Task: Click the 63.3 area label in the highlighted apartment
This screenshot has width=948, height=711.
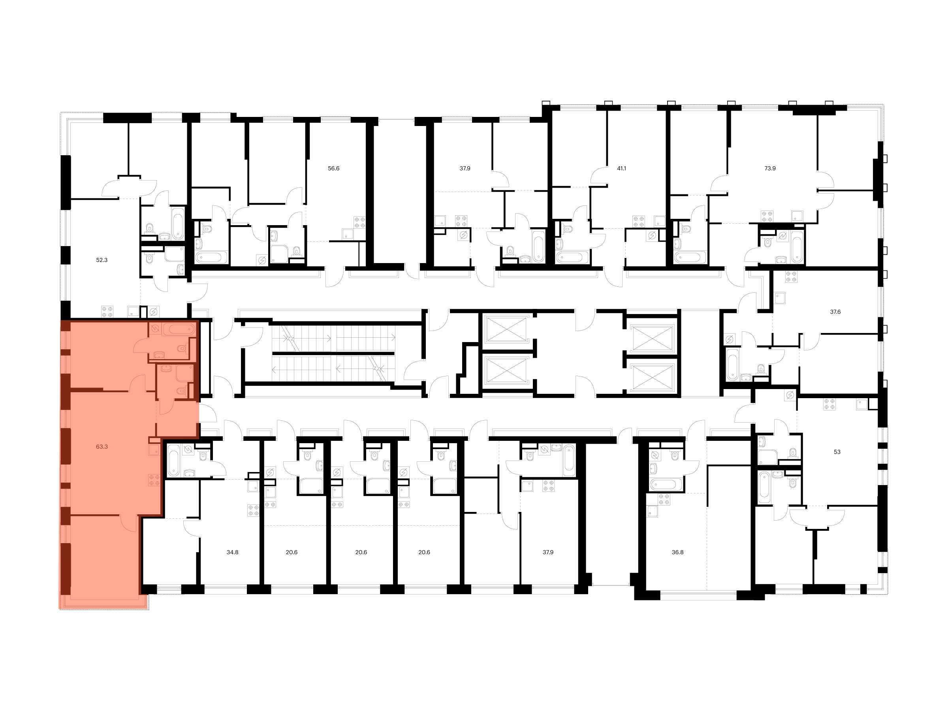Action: pyautogui.click(x=102, y=447)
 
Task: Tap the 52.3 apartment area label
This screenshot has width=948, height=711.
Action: pyautogui.click(x=102, y=260)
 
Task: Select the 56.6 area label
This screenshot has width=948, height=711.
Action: pyautogui.click(x=333, y=168)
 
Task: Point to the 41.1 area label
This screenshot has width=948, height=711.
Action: pyautogui.click(x=621, y=168)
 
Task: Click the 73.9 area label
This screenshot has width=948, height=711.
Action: pyautogui.click(x=770, y=168)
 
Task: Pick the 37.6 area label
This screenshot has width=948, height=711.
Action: pyautogui.click(x=835, y=312)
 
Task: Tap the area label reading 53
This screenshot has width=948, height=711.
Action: pyautogui.click(x=837, y=452)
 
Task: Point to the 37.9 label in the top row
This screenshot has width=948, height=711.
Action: pyautogui.click(x=465, y=168)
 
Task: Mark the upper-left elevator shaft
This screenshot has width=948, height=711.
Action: pyautogui.click(x=506, y=329)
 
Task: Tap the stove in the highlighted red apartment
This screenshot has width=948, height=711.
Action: pyautogui.click(x=154, y=480)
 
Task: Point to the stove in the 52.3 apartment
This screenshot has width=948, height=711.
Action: pyautogui.click(x=107, y=311)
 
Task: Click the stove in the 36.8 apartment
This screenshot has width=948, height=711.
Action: pyautogui.click(x=664, y=499)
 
